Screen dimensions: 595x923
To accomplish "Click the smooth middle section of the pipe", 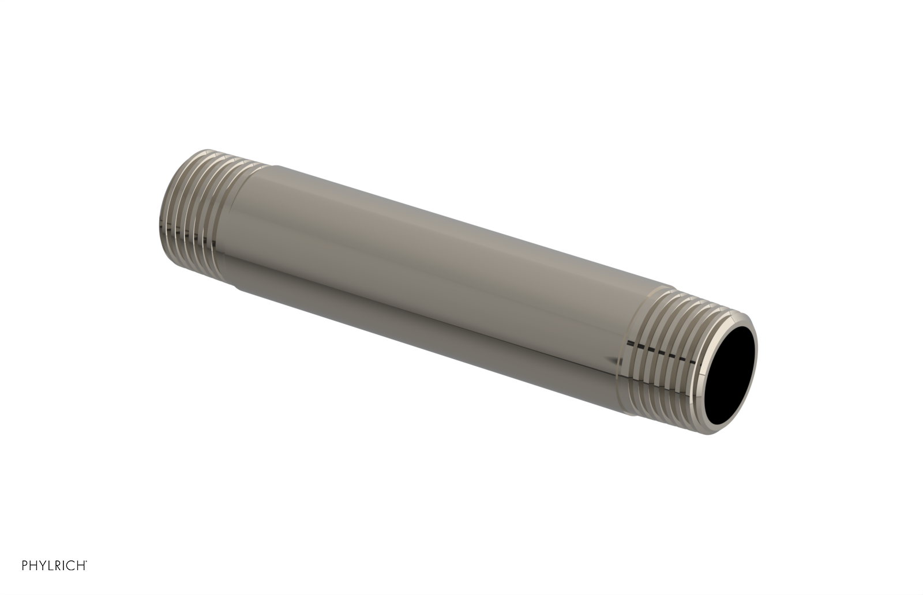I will [438, 271].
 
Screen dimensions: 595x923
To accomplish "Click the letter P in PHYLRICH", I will [25, 581].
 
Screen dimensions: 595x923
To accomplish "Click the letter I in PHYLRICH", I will [63, 581].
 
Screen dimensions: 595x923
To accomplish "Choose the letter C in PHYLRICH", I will [70, 581].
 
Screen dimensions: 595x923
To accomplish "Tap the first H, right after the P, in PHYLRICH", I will [33, 581].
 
